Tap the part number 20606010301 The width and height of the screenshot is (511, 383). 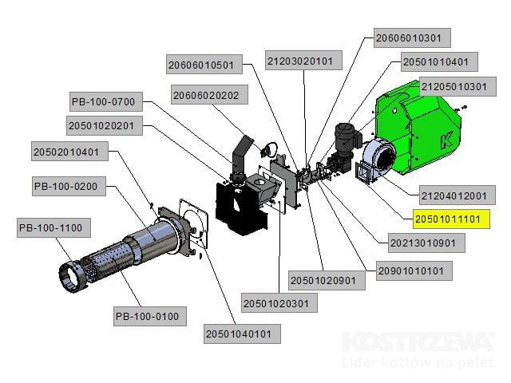tap(413, 38)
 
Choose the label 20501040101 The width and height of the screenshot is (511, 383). tap(244, 334)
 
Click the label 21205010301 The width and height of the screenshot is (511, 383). tap(454, 86)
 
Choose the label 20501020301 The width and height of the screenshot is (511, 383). tap(279, 303)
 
